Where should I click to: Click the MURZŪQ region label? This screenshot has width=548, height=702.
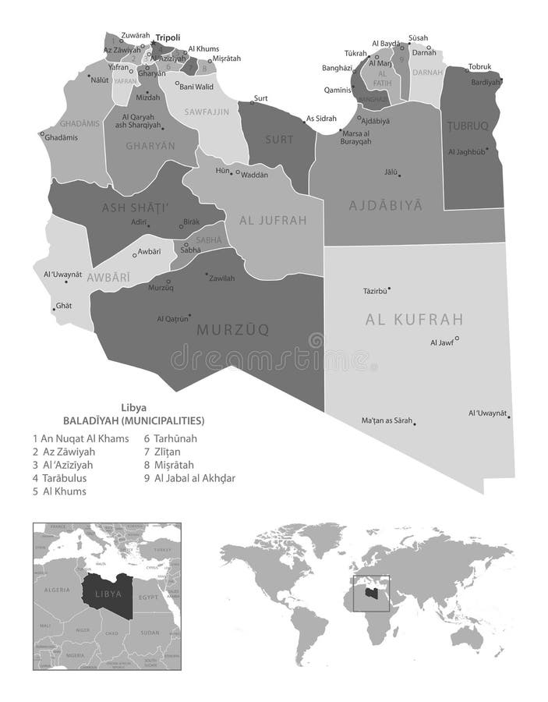[232, 330]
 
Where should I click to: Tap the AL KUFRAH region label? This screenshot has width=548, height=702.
[414, 319]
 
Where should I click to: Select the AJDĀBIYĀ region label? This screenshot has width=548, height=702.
[384, 206]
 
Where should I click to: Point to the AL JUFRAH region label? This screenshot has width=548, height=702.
[274, 220]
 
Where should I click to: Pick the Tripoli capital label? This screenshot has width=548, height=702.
[168, 37]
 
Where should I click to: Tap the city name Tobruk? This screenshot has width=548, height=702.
[480, 66]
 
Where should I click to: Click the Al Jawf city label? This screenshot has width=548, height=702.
[441, 342]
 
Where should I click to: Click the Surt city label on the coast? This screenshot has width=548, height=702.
[260, 97]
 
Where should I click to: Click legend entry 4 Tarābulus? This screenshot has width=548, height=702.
[65, 478]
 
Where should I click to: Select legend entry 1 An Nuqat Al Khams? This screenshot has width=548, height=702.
[80, 438]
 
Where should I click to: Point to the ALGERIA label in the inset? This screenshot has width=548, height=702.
[58, 590]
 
